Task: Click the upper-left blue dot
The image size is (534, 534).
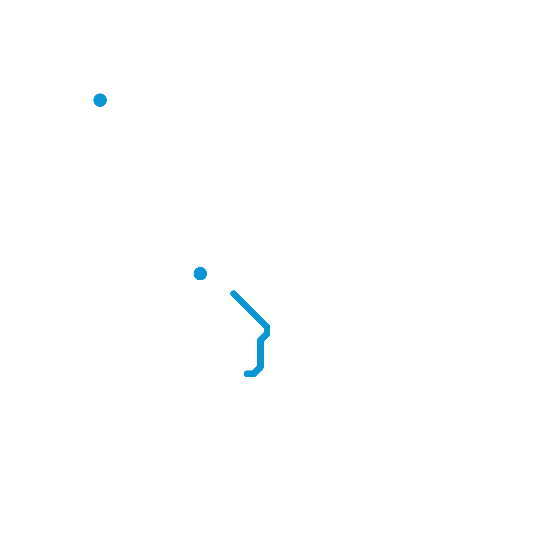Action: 100,100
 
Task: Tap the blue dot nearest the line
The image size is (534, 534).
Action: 200,274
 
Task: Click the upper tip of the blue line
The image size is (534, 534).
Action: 234,294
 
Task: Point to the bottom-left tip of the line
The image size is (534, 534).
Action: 247,374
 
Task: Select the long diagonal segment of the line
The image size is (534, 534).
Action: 250,310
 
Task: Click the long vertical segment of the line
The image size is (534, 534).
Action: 260,354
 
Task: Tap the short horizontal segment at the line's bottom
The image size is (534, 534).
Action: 250,374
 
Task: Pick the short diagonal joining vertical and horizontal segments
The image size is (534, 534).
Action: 257,370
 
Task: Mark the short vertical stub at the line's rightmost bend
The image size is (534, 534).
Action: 267,330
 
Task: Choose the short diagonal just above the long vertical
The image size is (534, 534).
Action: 264,337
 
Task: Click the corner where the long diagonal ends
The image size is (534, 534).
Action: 267,327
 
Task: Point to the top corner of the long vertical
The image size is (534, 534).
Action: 260,340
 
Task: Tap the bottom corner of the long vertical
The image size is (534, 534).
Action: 260,367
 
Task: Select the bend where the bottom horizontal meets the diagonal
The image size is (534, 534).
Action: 254,374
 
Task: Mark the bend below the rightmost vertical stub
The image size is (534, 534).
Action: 267,334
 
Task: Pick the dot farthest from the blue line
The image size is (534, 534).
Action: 100,100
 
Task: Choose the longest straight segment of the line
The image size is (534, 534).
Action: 250,310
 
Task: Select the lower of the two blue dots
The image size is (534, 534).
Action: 200,274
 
